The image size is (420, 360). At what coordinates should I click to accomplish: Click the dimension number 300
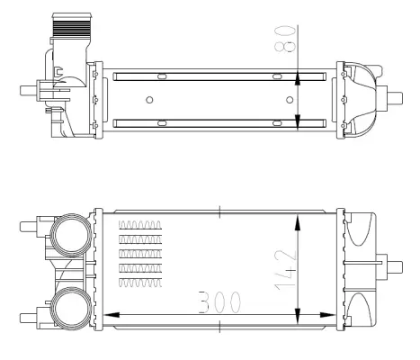point(219,301)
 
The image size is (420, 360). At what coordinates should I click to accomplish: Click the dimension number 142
point(286,270)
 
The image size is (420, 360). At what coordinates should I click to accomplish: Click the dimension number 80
point(285,40)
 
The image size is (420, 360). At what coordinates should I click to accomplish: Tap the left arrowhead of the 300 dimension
point(112,315)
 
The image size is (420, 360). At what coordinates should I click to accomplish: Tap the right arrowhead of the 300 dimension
point(327,315)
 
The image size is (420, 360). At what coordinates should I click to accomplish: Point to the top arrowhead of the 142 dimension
point(298,222)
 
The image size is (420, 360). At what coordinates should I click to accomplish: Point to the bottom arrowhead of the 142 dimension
point(298,316)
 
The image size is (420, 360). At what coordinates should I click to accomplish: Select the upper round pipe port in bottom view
point(71,235)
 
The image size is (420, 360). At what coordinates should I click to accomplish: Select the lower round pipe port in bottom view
point(71,309)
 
